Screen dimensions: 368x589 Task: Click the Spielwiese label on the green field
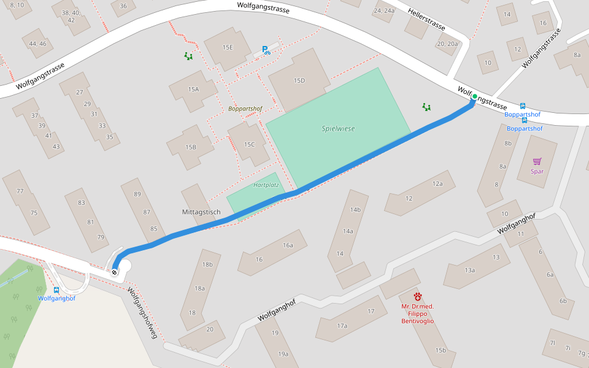(338, 129)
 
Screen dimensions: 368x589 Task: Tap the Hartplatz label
(266, 185)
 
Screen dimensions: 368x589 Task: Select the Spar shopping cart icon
(537, 161)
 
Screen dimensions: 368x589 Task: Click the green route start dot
(474, 97)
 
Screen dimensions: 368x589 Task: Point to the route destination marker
(115, 271)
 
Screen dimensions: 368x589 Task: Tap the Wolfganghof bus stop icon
(56, 290)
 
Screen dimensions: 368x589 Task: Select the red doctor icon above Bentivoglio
(418, 296)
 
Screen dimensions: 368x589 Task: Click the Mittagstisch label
(201, 212)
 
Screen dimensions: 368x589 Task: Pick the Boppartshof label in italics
(245, 109)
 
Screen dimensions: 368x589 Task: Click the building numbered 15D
(299, 81)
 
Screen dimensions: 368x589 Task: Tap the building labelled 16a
(287, 245)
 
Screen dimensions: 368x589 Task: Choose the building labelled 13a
(469, 270)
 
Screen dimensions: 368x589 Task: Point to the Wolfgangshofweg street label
(142, 313)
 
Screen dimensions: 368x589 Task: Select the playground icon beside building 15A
(188, 56)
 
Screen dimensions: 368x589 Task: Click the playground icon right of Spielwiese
(426, 107)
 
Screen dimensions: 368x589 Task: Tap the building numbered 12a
(437, 184)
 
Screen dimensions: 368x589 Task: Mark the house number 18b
(207, 265)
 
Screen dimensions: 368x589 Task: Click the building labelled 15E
(228, 47)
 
